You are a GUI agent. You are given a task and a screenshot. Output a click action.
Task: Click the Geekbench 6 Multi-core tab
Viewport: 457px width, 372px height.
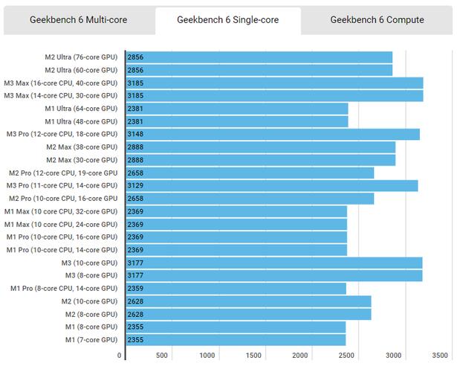click(78, 20)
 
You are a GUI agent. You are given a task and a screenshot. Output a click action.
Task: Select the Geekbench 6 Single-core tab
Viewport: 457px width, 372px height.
click(228, 20)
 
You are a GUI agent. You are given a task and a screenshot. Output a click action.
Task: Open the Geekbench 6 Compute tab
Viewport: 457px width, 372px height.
click(377, 20)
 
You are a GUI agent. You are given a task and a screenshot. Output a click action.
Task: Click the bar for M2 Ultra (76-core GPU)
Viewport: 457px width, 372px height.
click(259, 57)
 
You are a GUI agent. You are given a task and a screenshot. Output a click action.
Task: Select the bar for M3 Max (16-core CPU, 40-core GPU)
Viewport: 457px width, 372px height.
click(274, 83)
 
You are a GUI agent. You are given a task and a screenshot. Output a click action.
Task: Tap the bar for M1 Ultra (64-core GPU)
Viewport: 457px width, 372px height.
click(237, 109)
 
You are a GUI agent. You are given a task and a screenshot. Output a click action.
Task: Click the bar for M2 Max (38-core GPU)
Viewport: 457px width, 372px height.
click(261, 147)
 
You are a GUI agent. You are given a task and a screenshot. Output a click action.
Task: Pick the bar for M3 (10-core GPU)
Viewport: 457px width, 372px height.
click(274, 263)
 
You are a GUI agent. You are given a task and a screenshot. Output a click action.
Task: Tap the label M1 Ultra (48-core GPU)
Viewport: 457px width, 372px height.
click(81, 121)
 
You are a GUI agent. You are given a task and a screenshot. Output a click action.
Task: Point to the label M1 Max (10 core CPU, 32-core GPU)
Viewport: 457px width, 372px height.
click(61, 211)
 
